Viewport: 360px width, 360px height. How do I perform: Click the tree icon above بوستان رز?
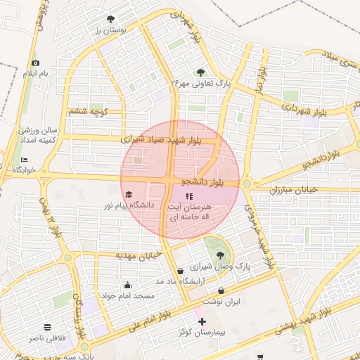110,20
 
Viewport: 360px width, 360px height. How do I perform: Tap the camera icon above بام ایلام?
36,63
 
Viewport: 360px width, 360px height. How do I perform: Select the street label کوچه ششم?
87,111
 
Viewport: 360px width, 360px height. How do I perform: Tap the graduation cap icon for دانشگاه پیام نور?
128,195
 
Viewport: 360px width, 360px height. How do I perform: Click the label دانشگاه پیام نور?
129,205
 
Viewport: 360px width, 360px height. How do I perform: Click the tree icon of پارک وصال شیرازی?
221,255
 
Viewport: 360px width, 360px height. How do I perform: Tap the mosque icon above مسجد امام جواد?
127,285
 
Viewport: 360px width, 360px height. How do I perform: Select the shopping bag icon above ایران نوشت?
221,291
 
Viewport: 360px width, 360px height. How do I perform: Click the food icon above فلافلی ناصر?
48,328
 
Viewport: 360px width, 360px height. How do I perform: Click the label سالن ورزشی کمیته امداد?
37,135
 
